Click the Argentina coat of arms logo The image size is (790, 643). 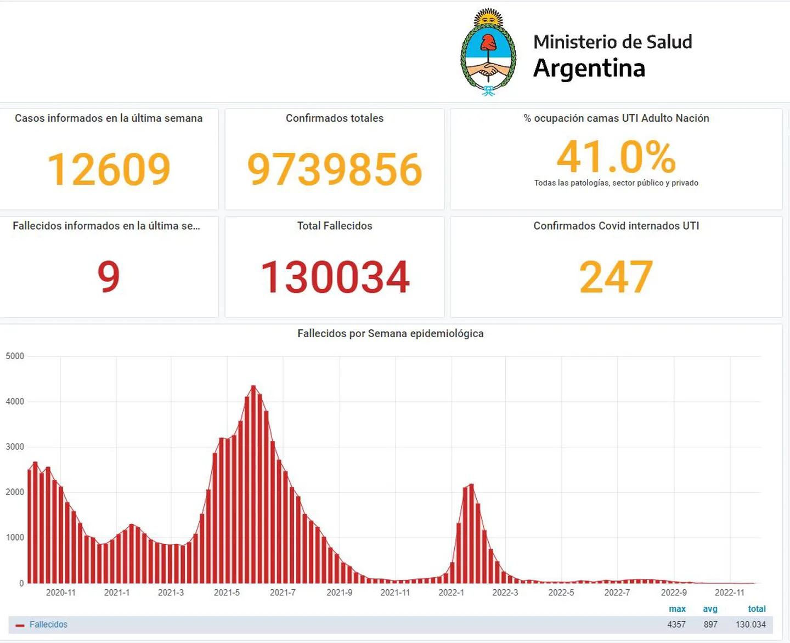click(488, 53)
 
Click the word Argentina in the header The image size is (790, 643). click(589, 69)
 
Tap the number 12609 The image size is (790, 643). click(109, 169)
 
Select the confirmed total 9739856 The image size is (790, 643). click(335, 169)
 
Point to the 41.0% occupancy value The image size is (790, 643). click(616, 157)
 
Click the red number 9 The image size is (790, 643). click(109, 276)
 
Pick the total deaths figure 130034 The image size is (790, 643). click(335, 277)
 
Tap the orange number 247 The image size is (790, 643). click(616, 277)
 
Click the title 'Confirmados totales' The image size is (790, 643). click(335, 118)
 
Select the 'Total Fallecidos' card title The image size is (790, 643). click(335, 226)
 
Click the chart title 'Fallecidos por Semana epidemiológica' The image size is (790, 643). click(391, 333)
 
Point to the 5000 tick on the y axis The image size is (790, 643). click(15, 356)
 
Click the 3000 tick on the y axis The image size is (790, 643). click(15, 447)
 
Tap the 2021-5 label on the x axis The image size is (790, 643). click(227, 593)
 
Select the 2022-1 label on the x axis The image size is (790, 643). click(451, 593)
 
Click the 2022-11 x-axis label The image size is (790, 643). click(730, 593)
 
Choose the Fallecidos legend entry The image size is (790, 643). click(48, 624)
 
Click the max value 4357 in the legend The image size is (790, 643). click(676, 624)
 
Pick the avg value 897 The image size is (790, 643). click(710, 624)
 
